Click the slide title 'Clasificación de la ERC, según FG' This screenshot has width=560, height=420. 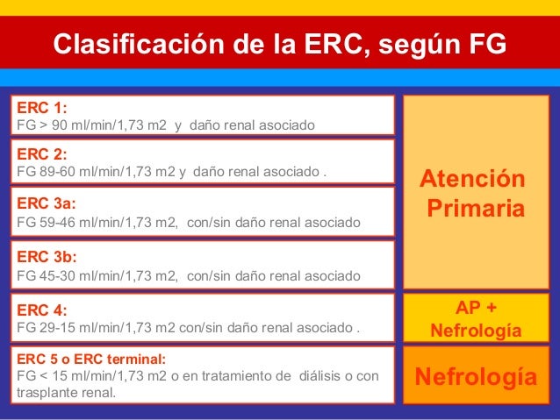(280, 44)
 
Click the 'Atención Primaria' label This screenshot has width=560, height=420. (476, 195)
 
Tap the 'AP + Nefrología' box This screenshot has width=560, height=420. (476, 319)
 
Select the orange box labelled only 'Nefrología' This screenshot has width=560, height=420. (476, 378)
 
